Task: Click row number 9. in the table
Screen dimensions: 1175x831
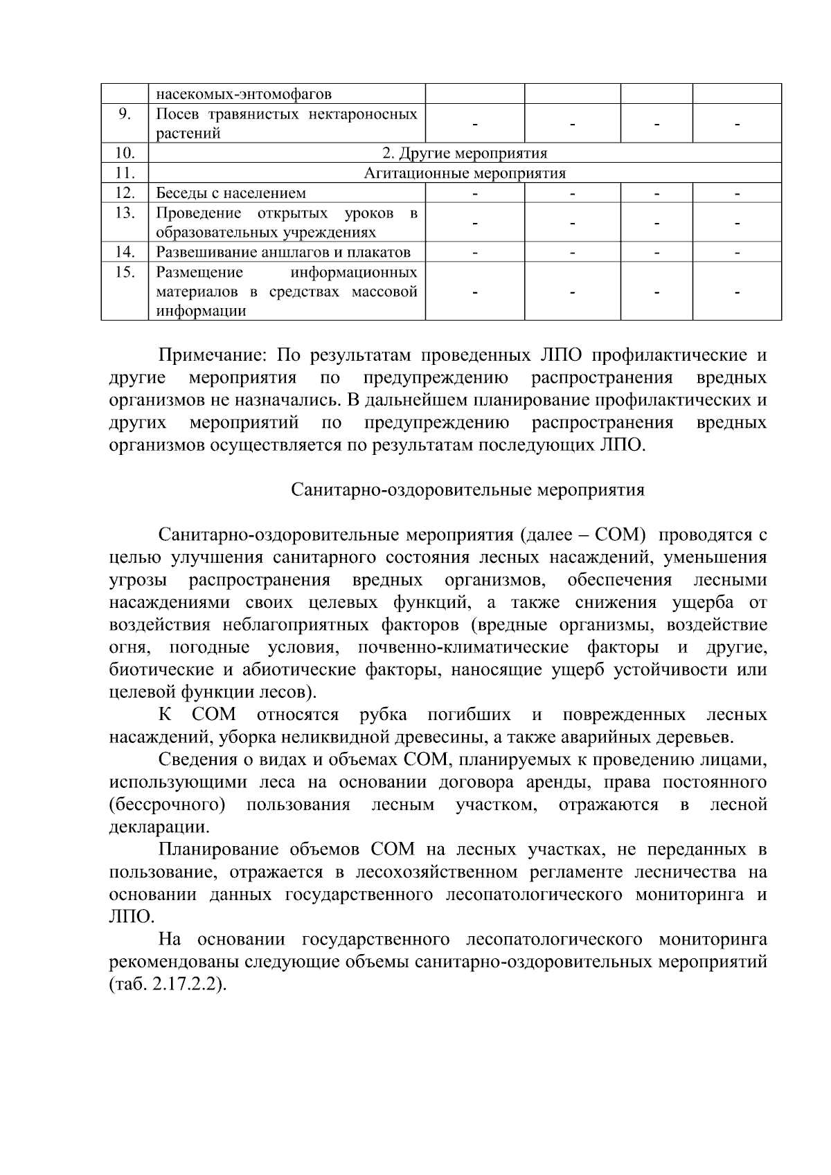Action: coord(125,114)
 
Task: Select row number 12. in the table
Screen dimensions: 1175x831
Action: coord(125,193)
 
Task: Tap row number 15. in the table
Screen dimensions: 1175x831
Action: coord(125,272)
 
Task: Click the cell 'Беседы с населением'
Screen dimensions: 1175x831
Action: coord(231,193)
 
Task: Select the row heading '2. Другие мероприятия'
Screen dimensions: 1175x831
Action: coord(465,153)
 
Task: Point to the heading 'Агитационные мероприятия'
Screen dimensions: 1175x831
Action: coord(465,173)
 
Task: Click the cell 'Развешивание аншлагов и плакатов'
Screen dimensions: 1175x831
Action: coord(283,252)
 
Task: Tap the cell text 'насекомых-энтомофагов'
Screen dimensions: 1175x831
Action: coord(243,93)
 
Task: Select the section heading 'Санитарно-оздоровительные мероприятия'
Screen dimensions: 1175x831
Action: coord(467,490)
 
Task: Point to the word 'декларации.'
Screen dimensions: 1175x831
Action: coord(159,827)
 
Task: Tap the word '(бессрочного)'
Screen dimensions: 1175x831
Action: coord(168,805)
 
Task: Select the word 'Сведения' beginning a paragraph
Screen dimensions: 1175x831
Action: coord(195,760)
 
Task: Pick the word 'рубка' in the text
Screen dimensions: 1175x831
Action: coord(383,715)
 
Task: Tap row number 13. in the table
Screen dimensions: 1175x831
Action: coord(125,213)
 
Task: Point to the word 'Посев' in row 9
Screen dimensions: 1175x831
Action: coord(176,114)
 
